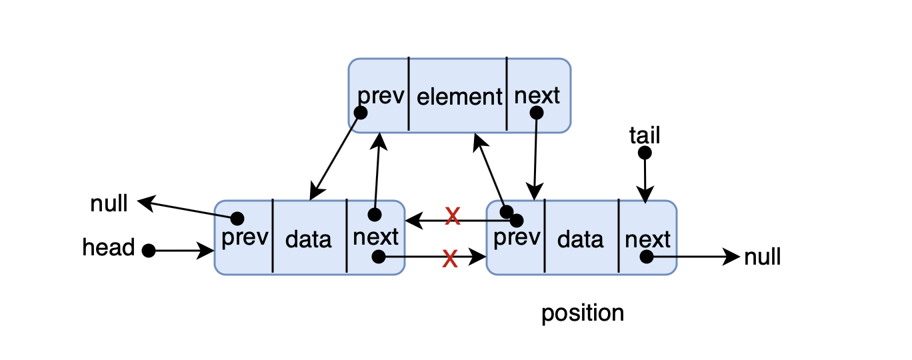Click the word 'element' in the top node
coord(459,97)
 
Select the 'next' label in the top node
coord(537,96)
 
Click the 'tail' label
coord(645,135)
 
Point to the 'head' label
coord(108,247)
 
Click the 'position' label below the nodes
coord(583,313)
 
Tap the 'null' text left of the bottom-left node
coord(109,203)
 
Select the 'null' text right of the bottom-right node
coord(762,257)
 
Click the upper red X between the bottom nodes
coord(453,216)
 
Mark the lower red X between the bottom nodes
coord(450,259)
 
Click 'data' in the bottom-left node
coord(308,239)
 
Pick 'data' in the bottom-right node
coord(580,239)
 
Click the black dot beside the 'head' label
coord(149,251)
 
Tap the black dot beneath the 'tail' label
coord(645,153)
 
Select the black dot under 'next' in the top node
coord(537,113)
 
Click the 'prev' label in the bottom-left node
coord(245,238)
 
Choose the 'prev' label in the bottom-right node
coord(517,238)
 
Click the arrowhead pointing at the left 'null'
coord(145,203)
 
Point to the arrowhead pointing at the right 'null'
coord(731,257)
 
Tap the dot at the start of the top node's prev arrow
coord(360,113)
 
